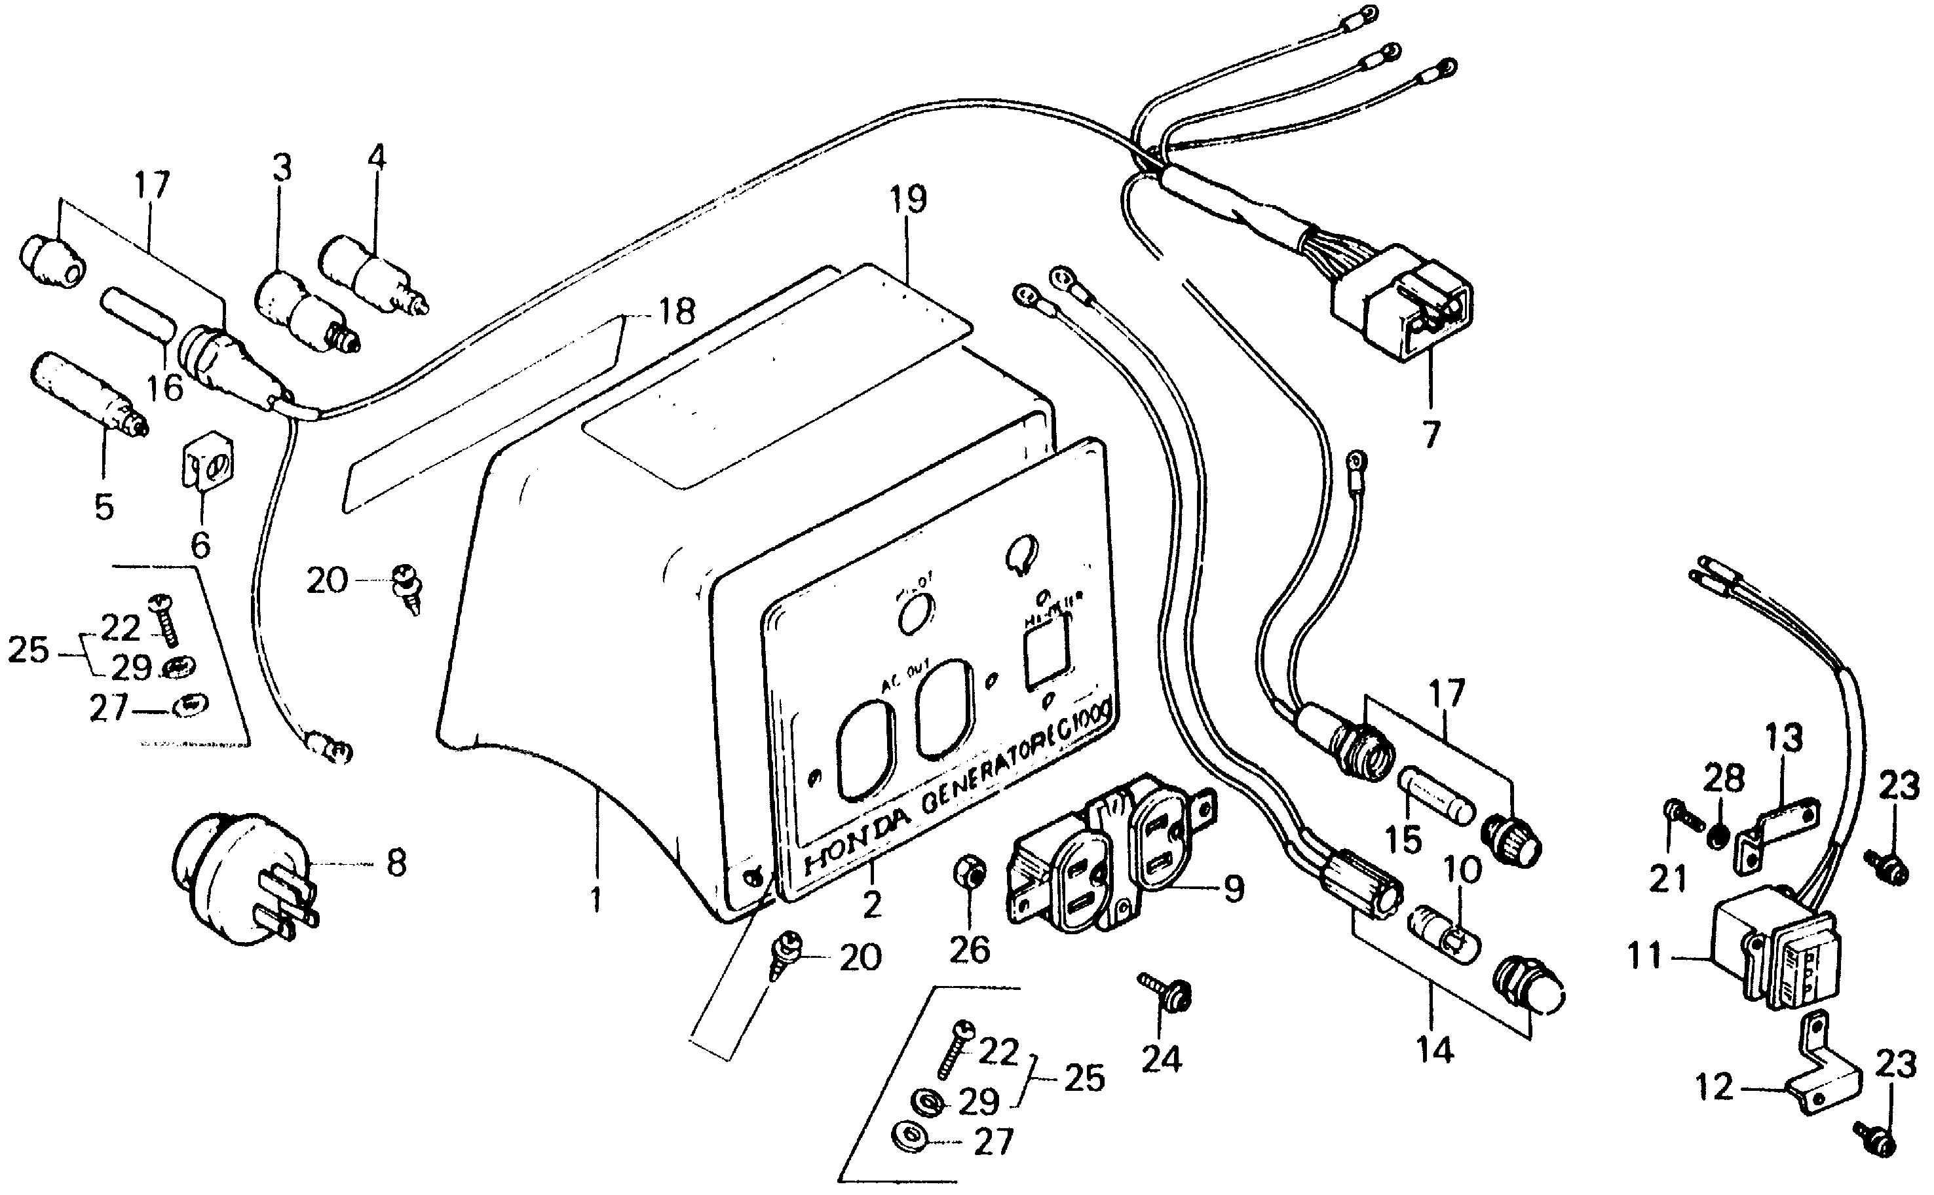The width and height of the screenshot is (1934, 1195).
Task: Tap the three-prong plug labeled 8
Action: pos(241,877)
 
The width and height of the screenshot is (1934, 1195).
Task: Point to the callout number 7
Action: pos(1432,433)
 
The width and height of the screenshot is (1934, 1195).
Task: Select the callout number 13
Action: pos(1784,738)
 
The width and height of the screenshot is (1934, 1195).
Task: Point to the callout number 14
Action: pos(1435,1050)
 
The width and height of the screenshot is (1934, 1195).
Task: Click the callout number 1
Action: pos(596,900)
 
